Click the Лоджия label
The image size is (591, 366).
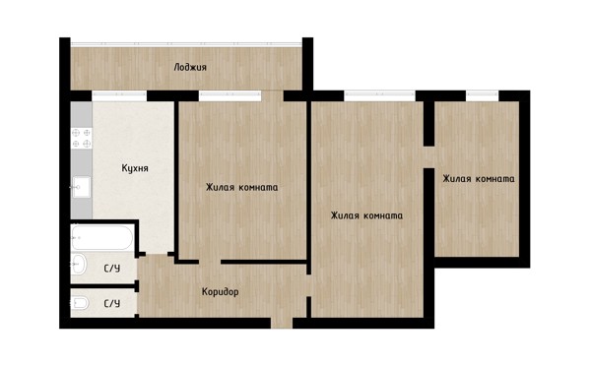tap(190, 68)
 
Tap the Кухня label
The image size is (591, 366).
tap(135, 168)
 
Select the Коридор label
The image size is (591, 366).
tap(220, 291)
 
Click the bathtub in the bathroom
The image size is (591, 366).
tap(102, 237)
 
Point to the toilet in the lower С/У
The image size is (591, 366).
tap(80, 303)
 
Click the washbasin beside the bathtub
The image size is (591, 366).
tap(79, 264)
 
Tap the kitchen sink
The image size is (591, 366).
tap(82, 187)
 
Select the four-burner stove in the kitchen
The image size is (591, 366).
tap(82, 138)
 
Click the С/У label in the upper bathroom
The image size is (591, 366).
tap(112, 269)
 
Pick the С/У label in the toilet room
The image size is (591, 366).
tap(112, 303)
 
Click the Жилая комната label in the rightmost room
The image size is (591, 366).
tap(479, 178)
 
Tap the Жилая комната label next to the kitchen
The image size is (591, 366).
tap(241, 187)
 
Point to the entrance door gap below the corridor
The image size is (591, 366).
tap(282, 323)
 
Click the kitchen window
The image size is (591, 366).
tap(119, 96)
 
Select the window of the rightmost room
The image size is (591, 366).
tap(482, 96)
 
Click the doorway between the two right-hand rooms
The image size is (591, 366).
tap(428, 157)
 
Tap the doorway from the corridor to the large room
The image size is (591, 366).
tap(308, 285)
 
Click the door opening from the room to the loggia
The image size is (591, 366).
tap(272, 96)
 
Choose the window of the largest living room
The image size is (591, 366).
tap(379, 96)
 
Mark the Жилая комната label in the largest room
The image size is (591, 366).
tap(366, 215)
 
